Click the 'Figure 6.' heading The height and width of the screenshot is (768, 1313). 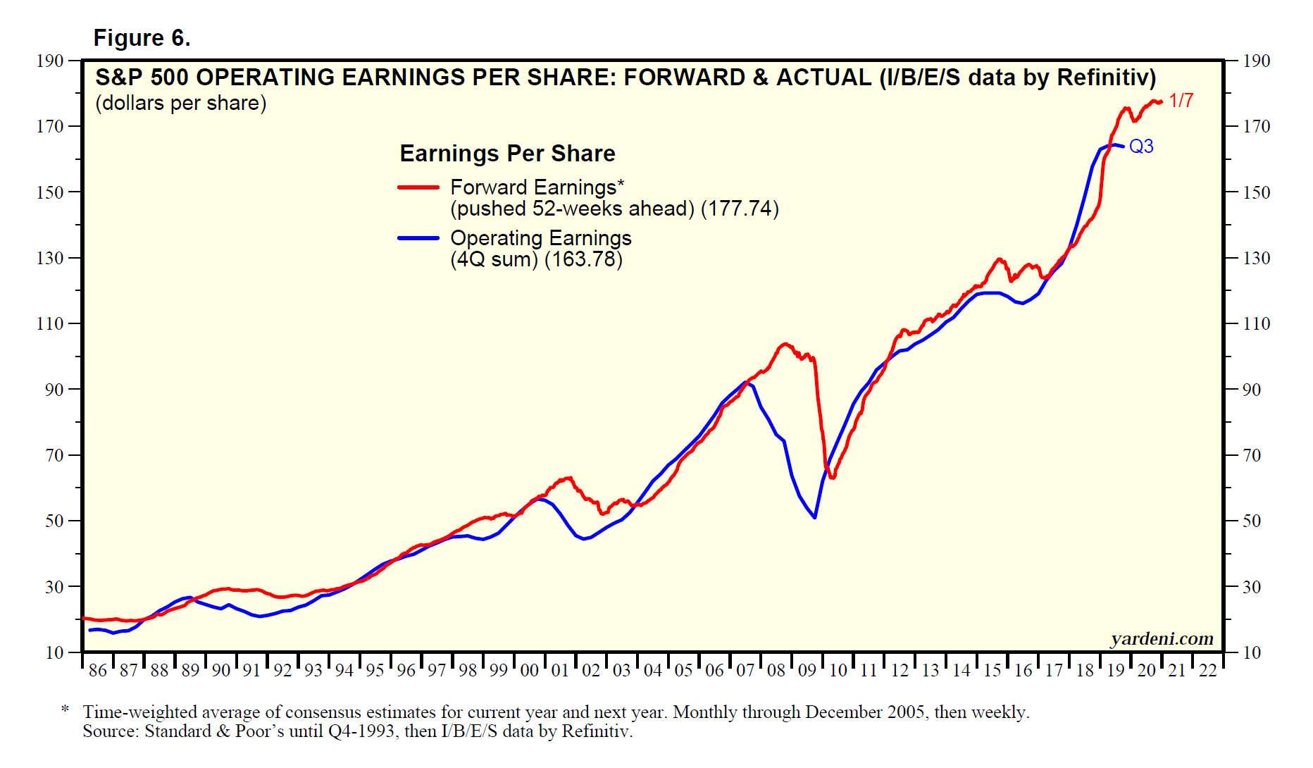click(x=142, y=38)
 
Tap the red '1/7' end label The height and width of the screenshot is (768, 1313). click(x=1181, y=101)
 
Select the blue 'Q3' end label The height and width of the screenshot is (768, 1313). click(x=1141, y=147)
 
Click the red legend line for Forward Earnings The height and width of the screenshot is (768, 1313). click(x=418, y=187)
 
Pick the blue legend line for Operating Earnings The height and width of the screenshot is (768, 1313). click(x=418, y=238)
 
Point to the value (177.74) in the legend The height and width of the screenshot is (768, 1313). click(x=740, y=209)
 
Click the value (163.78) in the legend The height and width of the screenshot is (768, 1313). click(x=583, y=260)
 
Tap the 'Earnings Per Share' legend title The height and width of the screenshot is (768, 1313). click(x=507, y=154)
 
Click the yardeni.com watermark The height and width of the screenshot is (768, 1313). click(x=1162, y=638)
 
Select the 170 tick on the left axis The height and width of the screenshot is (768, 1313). click(x=50, y=127)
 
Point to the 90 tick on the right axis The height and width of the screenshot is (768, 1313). click(x=1252, y=390)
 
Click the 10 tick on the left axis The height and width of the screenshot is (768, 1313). click(x=54, y=652)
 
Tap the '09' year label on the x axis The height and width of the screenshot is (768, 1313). click(x=807, y=670)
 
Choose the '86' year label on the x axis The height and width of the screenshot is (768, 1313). click(x=98, y=670)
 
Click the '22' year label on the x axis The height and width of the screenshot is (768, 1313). click(x=1208, y=670)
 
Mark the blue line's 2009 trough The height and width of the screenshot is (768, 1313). click(x=814, y=517)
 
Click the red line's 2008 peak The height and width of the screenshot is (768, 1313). click(x=785, y=344)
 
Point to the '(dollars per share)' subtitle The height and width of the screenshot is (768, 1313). click(x=181, y=104)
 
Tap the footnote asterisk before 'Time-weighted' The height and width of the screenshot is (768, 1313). click(x=65, y=709)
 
